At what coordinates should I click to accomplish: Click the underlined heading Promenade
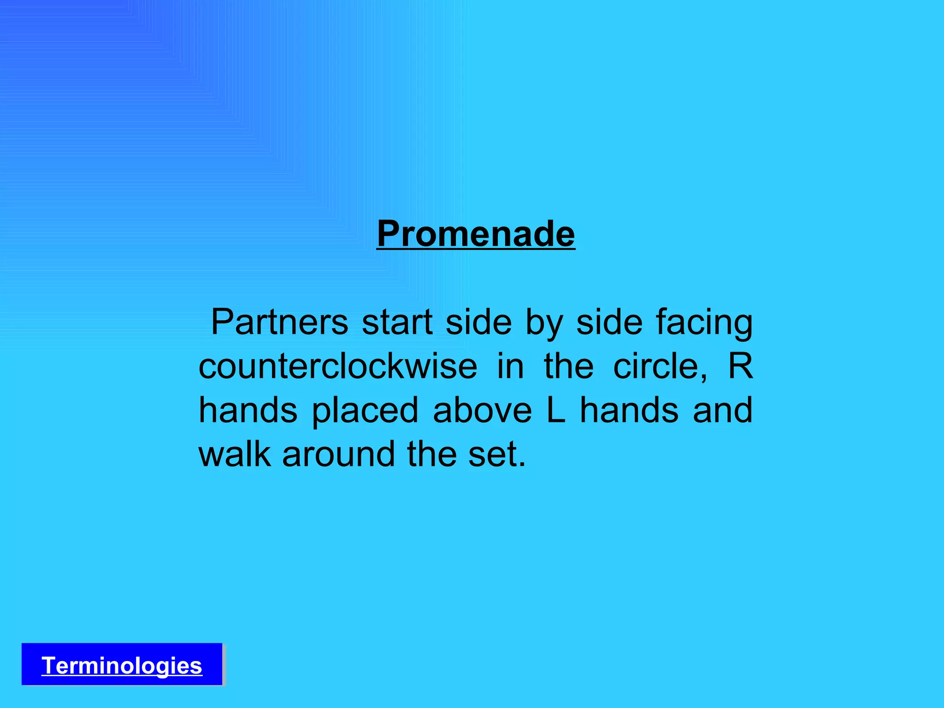tap(476, 234)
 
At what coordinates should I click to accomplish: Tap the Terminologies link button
tap(122, 666)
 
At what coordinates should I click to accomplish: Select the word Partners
tap(279, 322)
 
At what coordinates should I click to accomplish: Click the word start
tap(397, 322)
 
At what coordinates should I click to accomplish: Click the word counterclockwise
tap(338, 366)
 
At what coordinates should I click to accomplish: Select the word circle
tap(660, 366)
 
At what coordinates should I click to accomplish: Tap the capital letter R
tap(740, 366)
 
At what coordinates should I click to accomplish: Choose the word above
tap(482, 410)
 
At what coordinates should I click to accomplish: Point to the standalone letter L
tap(556, 410)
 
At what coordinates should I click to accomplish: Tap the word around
tap(339, 454)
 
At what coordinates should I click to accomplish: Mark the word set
tap(496, 454)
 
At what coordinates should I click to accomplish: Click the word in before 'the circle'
tap(511, 366)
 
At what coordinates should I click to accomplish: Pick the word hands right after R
tap(248, 410)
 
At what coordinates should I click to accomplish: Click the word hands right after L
tap(629, 410)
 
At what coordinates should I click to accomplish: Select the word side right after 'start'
tap(478, 322)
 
